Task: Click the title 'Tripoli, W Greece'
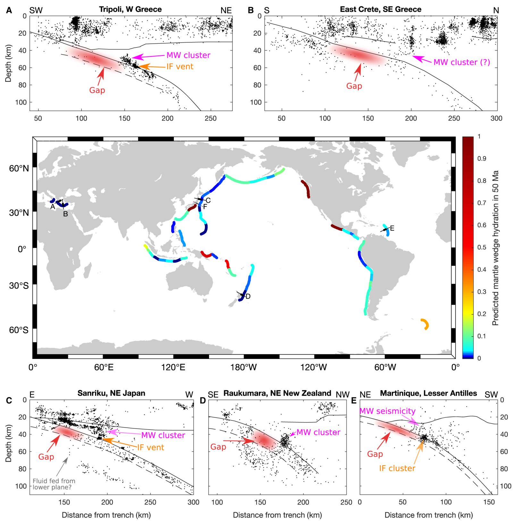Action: (130, 9)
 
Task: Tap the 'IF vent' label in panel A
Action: (180, 67)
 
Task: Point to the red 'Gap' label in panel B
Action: (354, 86)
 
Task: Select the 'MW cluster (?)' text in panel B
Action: (462, 62)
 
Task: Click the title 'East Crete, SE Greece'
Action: (381, 9)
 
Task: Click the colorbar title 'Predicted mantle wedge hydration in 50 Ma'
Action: (496, 247)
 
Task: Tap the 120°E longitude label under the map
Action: (173, 367)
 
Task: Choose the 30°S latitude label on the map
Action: (19, 286)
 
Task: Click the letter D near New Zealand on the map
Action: (248, 297)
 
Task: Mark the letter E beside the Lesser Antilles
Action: (392, 229)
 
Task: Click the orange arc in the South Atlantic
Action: (425, 324)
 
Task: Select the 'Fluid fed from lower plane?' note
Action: (54, 484)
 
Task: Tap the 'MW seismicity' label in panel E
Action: (387, 411)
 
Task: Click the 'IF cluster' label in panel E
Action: (397, 468)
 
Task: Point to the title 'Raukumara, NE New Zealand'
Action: (277, 393)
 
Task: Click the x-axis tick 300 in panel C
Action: (193, 502)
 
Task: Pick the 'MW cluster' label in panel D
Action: (318, 432)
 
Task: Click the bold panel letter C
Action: (9, 400)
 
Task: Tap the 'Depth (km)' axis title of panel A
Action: (8, 63)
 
